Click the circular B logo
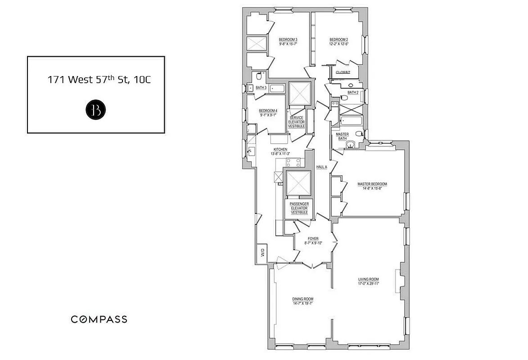click(x=95, y=110)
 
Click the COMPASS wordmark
click(x=99, y=319)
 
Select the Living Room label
click(x=369, y=281)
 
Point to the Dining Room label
click(x=302, y=301)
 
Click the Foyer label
click(x=313, y=241)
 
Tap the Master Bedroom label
click(x=372, y=186)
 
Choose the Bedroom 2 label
click(x=338, y=41)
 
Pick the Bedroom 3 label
click(x=288, y=41)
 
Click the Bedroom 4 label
click(x=268, y=112)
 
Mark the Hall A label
click(x=321, y=167)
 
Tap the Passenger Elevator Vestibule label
click(x=299, y=208)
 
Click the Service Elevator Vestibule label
click(x=297, y=122)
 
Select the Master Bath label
click(x=343, y=136)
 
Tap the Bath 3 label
click(x=261, y=88)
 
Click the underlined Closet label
click(x=343, y=72)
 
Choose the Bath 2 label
click(x=353, y=92)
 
